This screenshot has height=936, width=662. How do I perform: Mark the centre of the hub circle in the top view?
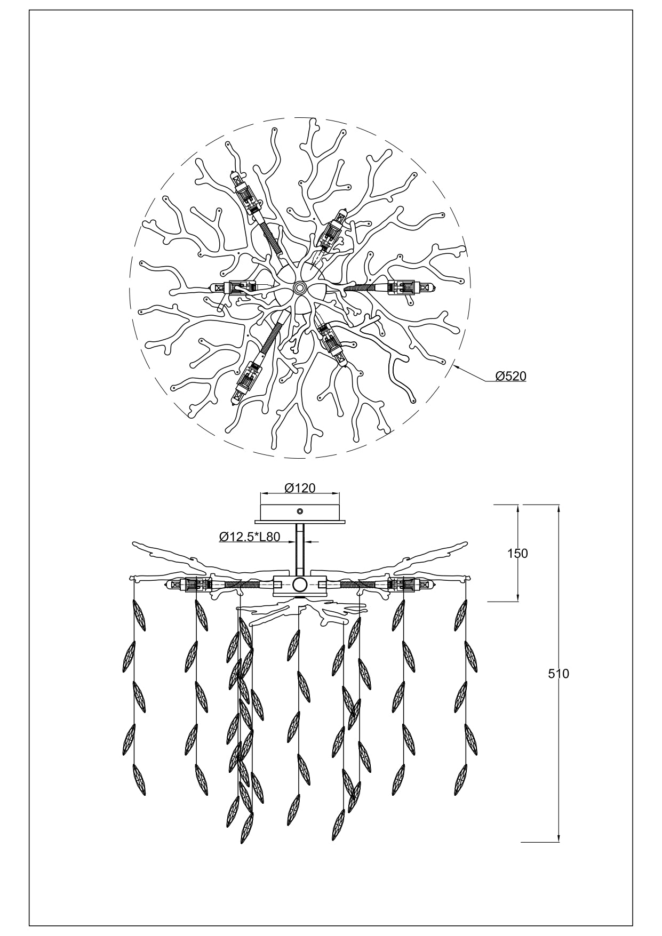[299, 288]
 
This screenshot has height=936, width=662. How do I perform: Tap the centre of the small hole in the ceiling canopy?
[300, 511]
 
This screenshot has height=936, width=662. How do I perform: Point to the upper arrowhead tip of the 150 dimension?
[518, 505]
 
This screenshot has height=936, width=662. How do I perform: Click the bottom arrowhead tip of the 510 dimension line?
[558, 842]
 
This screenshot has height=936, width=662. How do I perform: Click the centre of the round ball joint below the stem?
[300, 585]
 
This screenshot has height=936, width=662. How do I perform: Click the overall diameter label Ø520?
[511, 376]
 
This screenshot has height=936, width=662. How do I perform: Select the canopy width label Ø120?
[300, 487]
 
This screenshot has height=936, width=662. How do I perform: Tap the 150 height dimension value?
[517, 554]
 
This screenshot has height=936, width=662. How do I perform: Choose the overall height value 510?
[559, 674]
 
